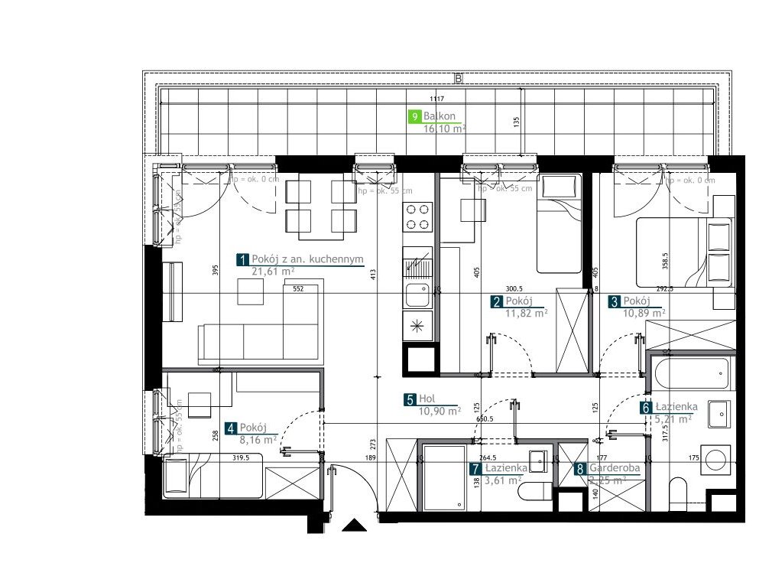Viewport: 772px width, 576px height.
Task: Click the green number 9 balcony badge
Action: [x=414, y=116]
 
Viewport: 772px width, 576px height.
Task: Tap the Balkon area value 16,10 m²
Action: [x=444, y=129]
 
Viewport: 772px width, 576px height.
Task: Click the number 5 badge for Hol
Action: [x=410, y=399]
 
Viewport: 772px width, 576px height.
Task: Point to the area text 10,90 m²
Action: [x=439, y=411]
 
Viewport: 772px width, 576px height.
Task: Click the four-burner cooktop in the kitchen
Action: [x=417, y=216]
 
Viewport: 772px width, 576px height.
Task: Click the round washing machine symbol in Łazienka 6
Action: [x=717, y=459]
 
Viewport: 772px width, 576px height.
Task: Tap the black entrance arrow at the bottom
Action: [x=354, y=525]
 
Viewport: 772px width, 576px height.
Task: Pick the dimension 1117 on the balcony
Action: [x=437, y=99]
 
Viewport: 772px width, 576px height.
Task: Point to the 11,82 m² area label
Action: [x=525, y=313]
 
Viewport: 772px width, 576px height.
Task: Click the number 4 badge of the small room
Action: [x=230, y=428]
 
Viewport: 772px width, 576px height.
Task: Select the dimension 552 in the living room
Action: [x=298, y=289]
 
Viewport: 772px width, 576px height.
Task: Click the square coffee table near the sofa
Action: [x=250, y=291]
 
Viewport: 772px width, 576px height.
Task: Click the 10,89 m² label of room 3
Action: [x=644, y=313]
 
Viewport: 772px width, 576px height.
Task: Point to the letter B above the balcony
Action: [x=458, y=78]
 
